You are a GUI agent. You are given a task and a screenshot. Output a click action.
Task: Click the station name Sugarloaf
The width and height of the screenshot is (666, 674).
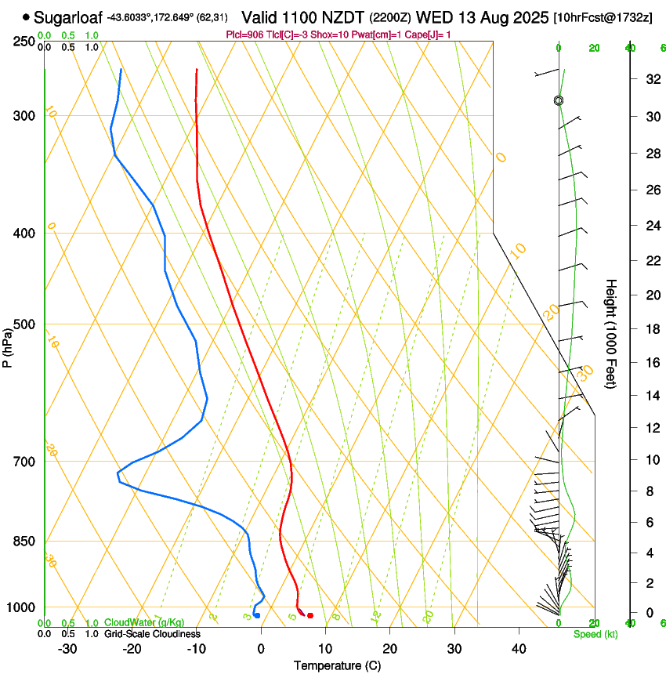tap(69, 16)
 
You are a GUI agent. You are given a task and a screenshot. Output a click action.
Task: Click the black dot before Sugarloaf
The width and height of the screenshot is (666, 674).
tap(27, 16)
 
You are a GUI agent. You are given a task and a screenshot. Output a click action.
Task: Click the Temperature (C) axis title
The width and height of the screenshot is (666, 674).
tap(337, 665)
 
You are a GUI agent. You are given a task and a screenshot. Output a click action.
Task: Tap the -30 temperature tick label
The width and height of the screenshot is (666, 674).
tap(67, 648)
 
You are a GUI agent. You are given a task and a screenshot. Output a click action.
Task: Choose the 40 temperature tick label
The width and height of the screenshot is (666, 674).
tap(519, 648)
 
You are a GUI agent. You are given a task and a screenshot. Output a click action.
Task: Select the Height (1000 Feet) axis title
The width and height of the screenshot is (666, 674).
tap(612, 333)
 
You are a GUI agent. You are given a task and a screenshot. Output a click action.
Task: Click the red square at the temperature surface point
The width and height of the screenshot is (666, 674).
tap(310, 615)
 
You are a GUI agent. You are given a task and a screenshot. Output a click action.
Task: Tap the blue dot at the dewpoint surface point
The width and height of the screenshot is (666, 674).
tap(256, 615)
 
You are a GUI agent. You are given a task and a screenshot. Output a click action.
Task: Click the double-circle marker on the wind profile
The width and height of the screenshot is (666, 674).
tap(559, 100)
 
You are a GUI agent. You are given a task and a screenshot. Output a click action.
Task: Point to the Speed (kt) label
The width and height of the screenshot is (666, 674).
tap(595, 634)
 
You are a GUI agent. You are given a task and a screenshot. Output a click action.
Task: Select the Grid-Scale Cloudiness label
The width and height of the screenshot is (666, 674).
tap(152, 633)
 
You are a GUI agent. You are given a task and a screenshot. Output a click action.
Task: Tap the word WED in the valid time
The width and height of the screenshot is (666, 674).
tap(433, 16)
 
